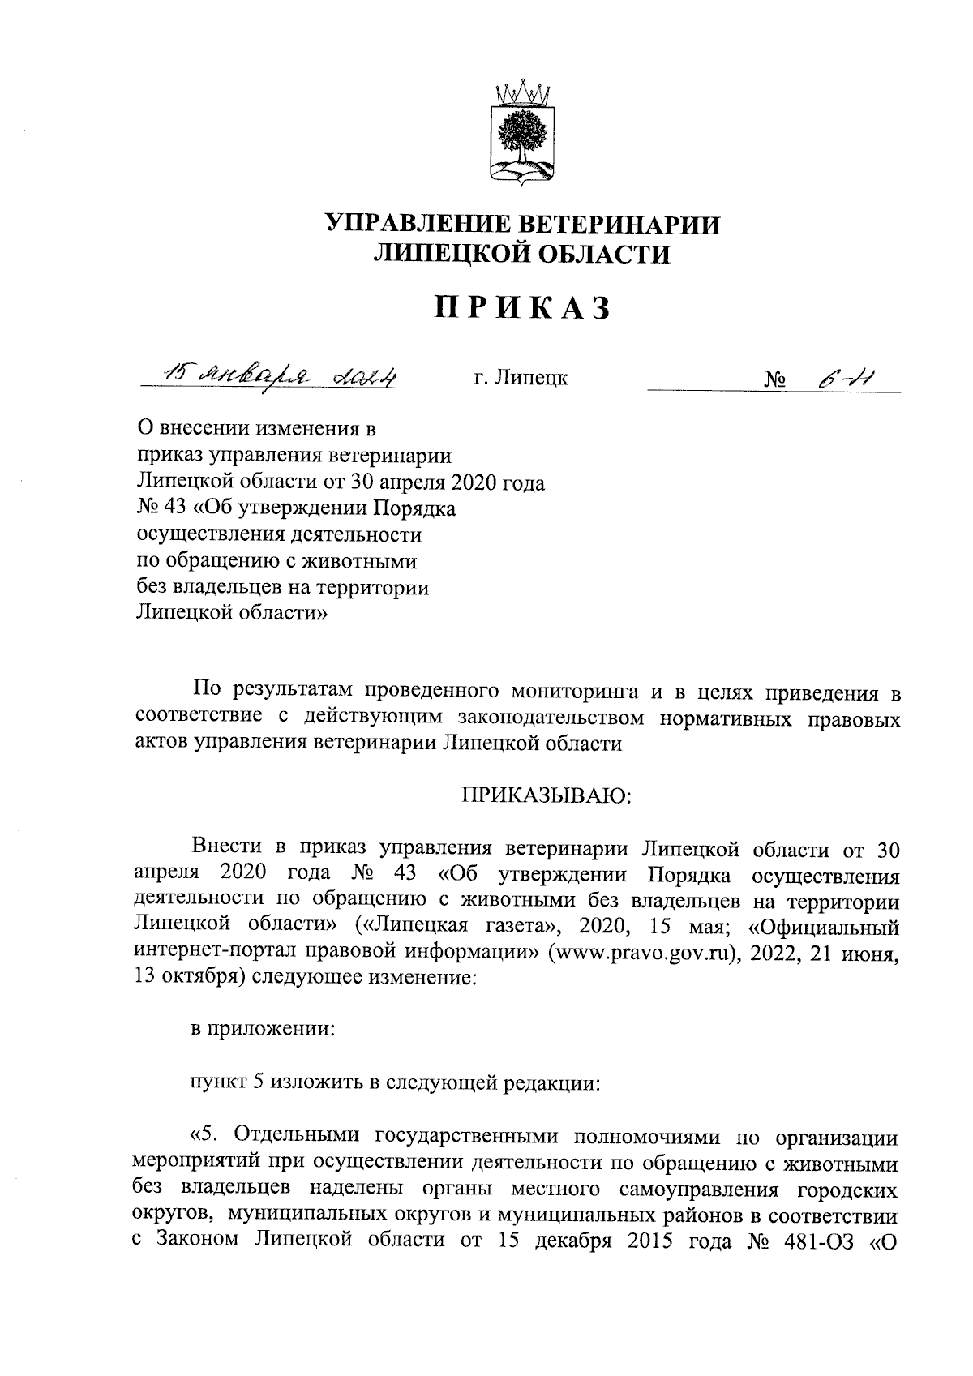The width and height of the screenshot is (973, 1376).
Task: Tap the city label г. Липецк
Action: (x=521, y=378)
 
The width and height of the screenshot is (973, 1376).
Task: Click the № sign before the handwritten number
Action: (x=776, y=379)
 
